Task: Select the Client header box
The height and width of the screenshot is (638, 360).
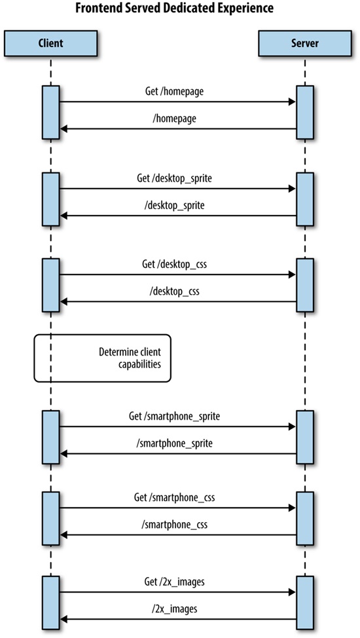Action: [51, 44]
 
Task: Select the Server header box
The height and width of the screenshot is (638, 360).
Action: [305, 44]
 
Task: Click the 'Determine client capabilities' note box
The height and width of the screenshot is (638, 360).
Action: [102, 358]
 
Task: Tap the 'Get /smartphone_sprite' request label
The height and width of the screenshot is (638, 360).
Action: [178, 416]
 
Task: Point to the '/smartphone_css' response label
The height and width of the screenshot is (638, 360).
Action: [178, 525]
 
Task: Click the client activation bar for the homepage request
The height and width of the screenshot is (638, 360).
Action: [51, 112]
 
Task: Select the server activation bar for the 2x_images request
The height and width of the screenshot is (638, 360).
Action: [305, 601]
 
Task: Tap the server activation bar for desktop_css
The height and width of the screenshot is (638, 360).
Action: [305, 285]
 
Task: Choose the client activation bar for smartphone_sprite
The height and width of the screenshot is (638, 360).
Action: [51, 437]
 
